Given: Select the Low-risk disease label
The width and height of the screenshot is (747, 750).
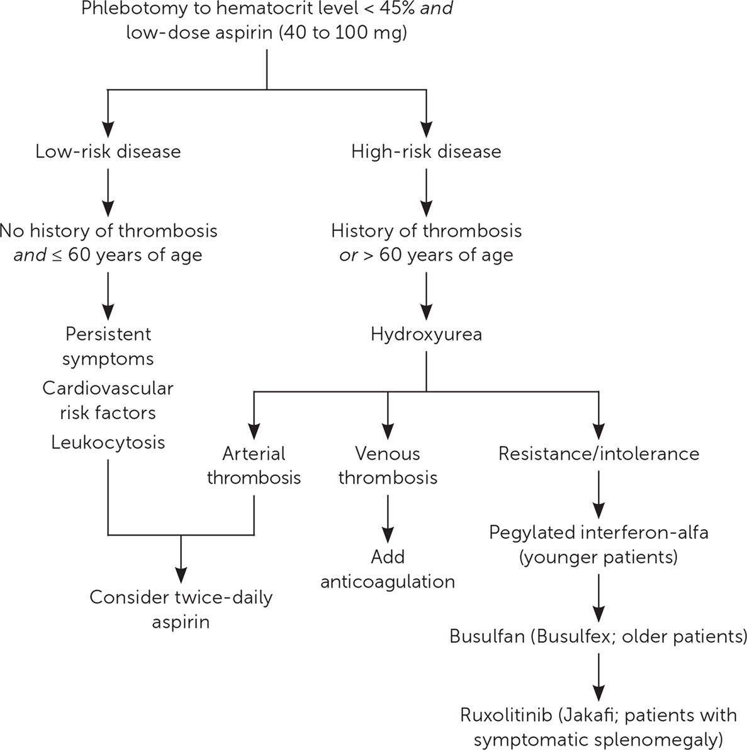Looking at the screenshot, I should (x=108, y=152).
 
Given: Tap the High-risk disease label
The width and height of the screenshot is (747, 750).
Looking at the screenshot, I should (x=426, y=152).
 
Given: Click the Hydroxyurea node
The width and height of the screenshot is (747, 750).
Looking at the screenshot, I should (x=426, y=334).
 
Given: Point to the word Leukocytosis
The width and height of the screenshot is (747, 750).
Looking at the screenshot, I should (x=108, y=442).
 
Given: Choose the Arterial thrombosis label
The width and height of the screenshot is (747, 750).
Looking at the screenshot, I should (x=254, y=465).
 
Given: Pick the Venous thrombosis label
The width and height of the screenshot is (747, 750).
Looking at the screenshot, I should (x=388, y=465).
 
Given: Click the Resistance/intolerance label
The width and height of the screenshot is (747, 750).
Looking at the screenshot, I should (x=598, y=453).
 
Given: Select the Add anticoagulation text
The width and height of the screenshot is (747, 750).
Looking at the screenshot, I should (x=388, y=569).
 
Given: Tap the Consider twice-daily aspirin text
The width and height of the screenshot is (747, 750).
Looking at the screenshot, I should (x=181, y=609).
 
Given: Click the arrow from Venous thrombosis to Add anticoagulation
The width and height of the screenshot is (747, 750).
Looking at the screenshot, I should (x=388, y=513).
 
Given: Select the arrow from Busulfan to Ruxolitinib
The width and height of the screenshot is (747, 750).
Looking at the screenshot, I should (x=598, y=674).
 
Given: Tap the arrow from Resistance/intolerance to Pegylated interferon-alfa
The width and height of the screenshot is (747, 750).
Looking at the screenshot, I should (x=598, y=491).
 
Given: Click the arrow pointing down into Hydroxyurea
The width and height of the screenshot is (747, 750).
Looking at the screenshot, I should (x=426, y=293).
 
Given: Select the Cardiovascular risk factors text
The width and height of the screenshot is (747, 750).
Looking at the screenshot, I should (x=108, y=400).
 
